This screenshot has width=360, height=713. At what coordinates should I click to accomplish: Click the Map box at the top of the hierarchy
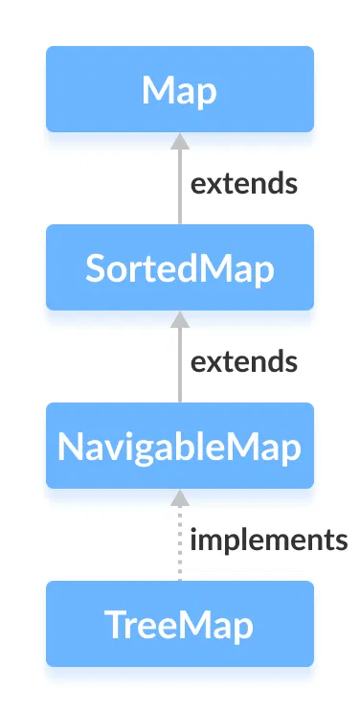point(179,89)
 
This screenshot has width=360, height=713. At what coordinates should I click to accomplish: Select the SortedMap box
point(179,267)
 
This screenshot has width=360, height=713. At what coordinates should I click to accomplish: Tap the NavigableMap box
point(179,446)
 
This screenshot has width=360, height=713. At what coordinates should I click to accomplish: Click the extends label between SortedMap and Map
point(243,182)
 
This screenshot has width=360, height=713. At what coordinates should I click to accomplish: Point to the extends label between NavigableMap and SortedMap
point(243,361)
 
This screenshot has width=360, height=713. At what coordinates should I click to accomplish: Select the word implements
point(268,540)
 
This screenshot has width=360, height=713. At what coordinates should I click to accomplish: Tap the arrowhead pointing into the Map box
point(178,141)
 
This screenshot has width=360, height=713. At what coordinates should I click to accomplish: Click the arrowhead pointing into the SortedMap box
point(178,319)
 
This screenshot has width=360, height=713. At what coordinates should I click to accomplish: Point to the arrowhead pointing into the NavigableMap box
point(178,497)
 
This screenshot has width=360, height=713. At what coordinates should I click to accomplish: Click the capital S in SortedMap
point(94,268)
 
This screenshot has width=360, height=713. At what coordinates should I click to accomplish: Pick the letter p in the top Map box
point(206,93)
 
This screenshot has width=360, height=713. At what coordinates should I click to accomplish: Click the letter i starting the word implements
point(193,540)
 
